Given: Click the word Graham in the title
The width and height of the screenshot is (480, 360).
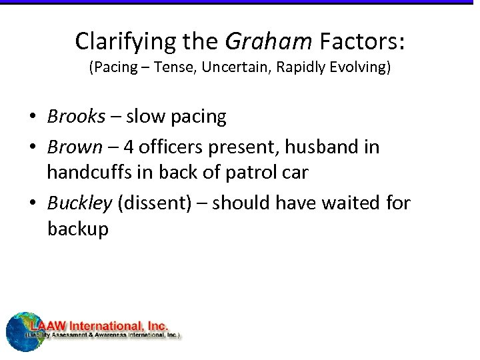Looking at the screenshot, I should [x=268, y=41].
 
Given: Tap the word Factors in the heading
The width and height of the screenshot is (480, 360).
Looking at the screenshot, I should [x=359, y=41].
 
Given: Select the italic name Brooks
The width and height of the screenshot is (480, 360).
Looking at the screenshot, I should [x=76, y=117].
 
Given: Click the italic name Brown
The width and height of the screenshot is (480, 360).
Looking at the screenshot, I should [x=75, y=147].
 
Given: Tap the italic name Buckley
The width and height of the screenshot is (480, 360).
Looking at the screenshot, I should [x=79, y=203].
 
